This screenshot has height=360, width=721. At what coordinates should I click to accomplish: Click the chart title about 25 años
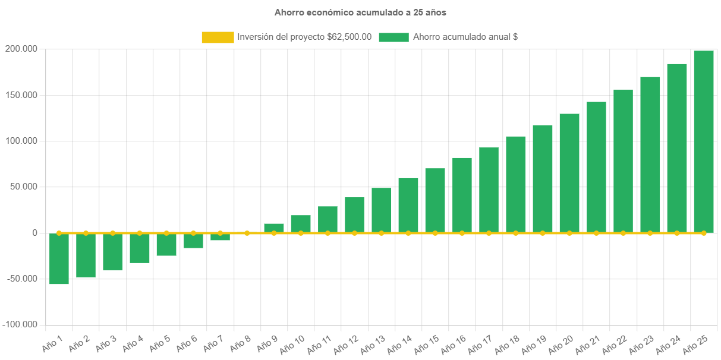360,12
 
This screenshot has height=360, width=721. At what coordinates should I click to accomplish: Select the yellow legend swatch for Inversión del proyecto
218,37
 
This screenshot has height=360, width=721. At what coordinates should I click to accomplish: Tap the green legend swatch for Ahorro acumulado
393,37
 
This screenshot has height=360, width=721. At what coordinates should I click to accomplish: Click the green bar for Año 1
59,259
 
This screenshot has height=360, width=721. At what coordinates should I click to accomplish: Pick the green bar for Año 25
704,142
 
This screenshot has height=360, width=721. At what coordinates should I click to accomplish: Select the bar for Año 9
274,228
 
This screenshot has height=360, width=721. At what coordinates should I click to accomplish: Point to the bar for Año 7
220,237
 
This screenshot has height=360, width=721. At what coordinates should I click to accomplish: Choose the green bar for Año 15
435,201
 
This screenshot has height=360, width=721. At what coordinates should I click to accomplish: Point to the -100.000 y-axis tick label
19,324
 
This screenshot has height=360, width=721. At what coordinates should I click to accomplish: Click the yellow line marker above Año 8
247,233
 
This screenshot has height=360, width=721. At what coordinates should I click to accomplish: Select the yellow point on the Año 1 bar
59,233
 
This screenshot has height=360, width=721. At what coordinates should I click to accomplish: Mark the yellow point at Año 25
704,233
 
